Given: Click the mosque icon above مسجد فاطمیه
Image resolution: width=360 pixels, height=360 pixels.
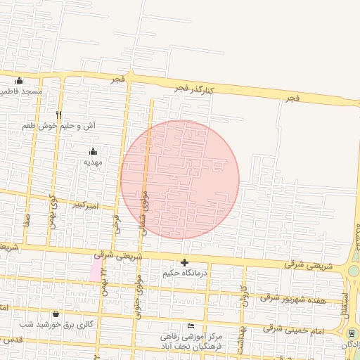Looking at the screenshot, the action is coord(19,80).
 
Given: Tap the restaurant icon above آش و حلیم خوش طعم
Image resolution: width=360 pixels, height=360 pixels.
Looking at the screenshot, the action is coord(59,115).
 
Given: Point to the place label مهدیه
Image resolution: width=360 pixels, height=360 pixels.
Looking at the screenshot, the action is coord(94,162).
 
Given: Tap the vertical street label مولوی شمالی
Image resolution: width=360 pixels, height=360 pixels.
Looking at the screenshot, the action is coord(144,212).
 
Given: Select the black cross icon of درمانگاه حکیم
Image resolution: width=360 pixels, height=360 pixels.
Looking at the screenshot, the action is coord(185,262).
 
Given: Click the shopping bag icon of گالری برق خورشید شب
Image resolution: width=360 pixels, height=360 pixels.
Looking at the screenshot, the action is coord(56,314).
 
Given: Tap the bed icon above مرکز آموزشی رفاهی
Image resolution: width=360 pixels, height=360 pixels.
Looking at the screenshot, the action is coord(191,326).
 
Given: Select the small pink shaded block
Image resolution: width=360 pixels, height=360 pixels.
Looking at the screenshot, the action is coord(95,270).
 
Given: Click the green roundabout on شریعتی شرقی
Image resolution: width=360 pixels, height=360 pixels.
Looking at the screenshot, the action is coord(354,271).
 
